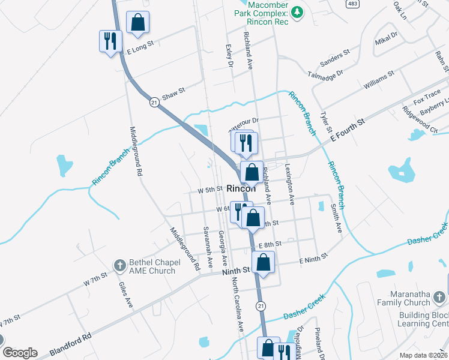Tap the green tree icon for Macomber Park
297,12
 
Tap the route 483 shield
352,4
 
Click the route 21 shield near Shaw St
154,102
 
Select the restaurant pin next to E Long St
109,41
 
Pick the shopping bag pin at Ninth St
264,262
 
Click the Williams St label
378,81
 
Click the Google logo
19,353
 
